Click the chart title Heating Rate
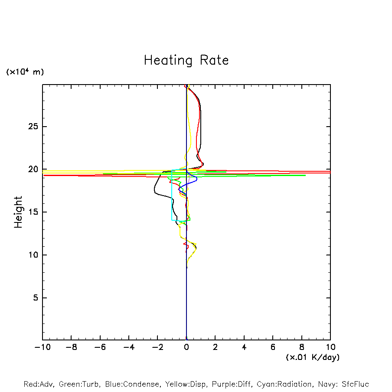coord(186,60)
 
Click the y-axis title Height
coord(18,212)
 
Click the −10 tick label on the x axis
coord(42,347)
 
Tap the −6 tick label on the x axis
coord(100,347)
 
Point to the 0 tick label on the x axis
coord(186,347)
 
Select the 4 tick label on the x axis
coord(244,347)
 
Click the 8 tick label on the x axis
coord(302,347)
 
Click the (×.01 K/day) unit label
coord(313,357)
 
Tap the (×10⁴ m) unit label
coord(25,72)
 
